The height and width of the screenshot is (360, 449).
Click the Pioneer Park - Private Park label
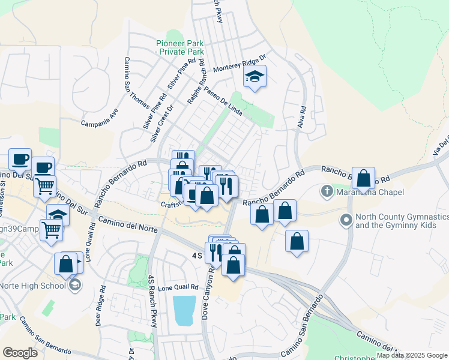179,47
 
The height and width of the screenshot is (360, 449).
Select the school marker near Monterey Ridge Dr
255,77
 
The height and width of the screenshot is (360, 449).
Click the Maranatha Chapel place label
369,193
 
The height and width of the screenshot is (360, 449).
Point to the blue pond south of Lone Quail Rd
185,310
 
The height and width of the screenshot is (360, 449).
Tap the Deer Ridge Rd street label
100,304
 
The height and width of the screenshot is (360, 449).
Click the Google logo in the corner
20,353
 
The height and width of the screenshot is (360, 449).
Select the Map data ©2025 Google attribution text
412,355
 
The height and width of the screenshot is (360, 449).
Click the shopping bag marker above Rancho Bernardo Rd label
363,178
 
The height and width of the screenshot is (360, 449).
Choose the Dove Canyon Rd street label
205,292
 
